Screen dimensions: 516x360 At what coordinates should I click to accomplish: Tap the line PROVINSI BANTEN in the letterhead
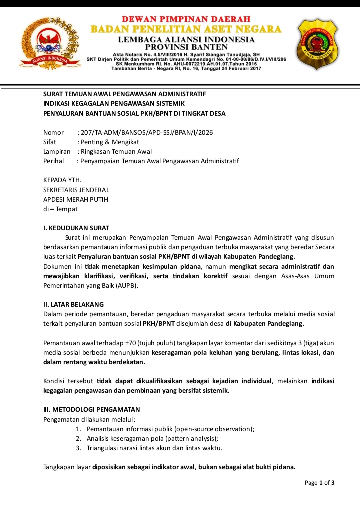click(x=186, y=47)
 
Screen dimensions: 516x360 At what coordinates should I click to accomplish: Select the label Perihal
click(x=54, y=161)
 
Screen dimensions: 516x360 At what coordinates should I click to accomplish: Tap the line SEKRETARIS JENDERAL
click(x=76, y=190)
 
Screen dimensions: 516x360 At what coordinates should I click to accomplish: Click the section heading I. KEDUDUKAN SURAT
click(x=76, y=228)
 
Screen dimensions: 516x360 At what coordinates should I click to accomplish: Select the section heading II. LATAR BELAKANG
click(x=74, y=304)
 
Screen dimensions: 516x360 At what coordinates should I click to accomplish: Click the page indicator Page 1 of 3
click(x=319, y=483)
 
